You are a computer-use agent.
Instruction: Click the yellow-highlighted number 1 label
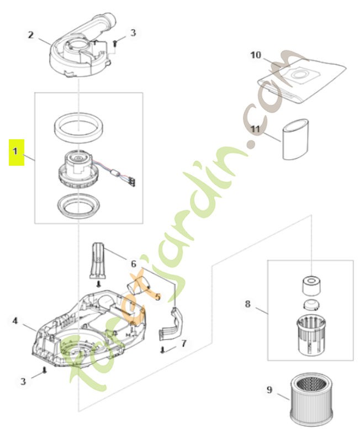click(x=17, y=151)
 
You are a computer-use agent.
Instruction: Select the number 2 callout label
click(x=31, y=35)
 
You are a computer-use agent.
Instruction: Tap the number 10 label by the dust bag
click(x=255, y=55)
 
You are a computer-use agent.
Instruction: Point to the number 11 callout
click(x=255, y=129)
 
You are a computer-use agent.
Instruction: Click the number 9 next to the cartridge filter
click(x=269, y=390)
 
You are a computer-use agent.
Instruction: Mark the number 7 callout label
click(x=184, y=343)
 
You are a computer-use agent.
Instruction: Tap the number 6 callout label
click(x=133, y=264)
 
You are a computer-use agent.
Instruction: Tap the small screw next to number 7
click(x=163, y=349)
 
